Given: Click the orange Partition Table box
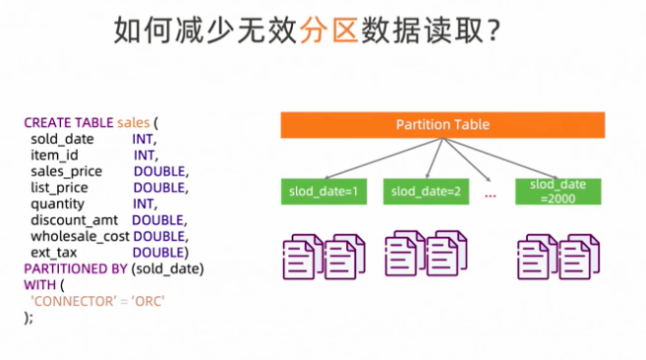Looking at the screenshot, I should coord(441,125).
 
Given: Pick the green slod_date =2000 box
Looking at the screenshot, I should coord(557,190).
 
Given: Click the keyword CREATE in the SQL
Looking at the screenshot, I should coord(46,123).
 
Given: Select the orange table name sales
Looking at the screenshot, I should coord(134,123).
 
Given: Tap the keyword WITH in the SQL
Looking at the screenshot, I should coord(39,284).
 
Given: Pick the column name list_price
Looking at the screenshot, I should coord(59,187).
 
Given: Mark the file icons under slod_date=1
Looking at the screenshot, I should coord(323,255).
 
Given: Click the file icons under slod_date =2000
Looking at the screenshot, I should coord(557,255).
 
